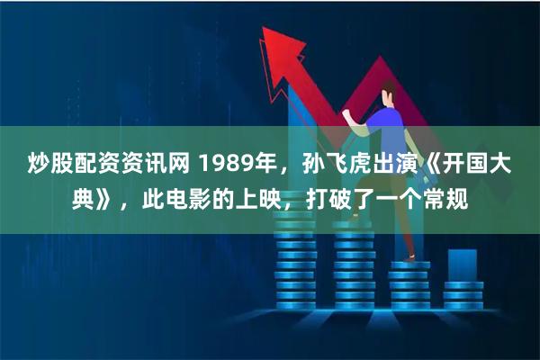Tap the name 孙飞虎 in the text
pos(328,163)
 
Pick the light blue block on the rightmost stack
pos(462,265)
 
